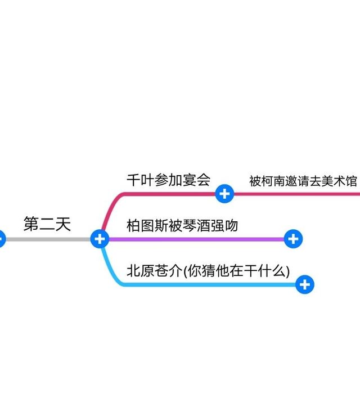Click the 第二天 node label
tap(47, 224)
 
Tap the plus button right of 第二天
tap(100, 239)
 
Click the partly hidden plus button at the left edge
tap(2, 239)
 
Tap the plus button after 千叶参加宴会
tap(224, 194)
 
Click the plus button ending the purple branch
tap(293, 239)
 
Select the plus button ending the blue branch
tap(305, 284)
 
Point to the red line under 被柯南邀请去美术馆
tap(298, 194)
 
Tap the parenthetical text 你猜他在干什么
tap(236, 271)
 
